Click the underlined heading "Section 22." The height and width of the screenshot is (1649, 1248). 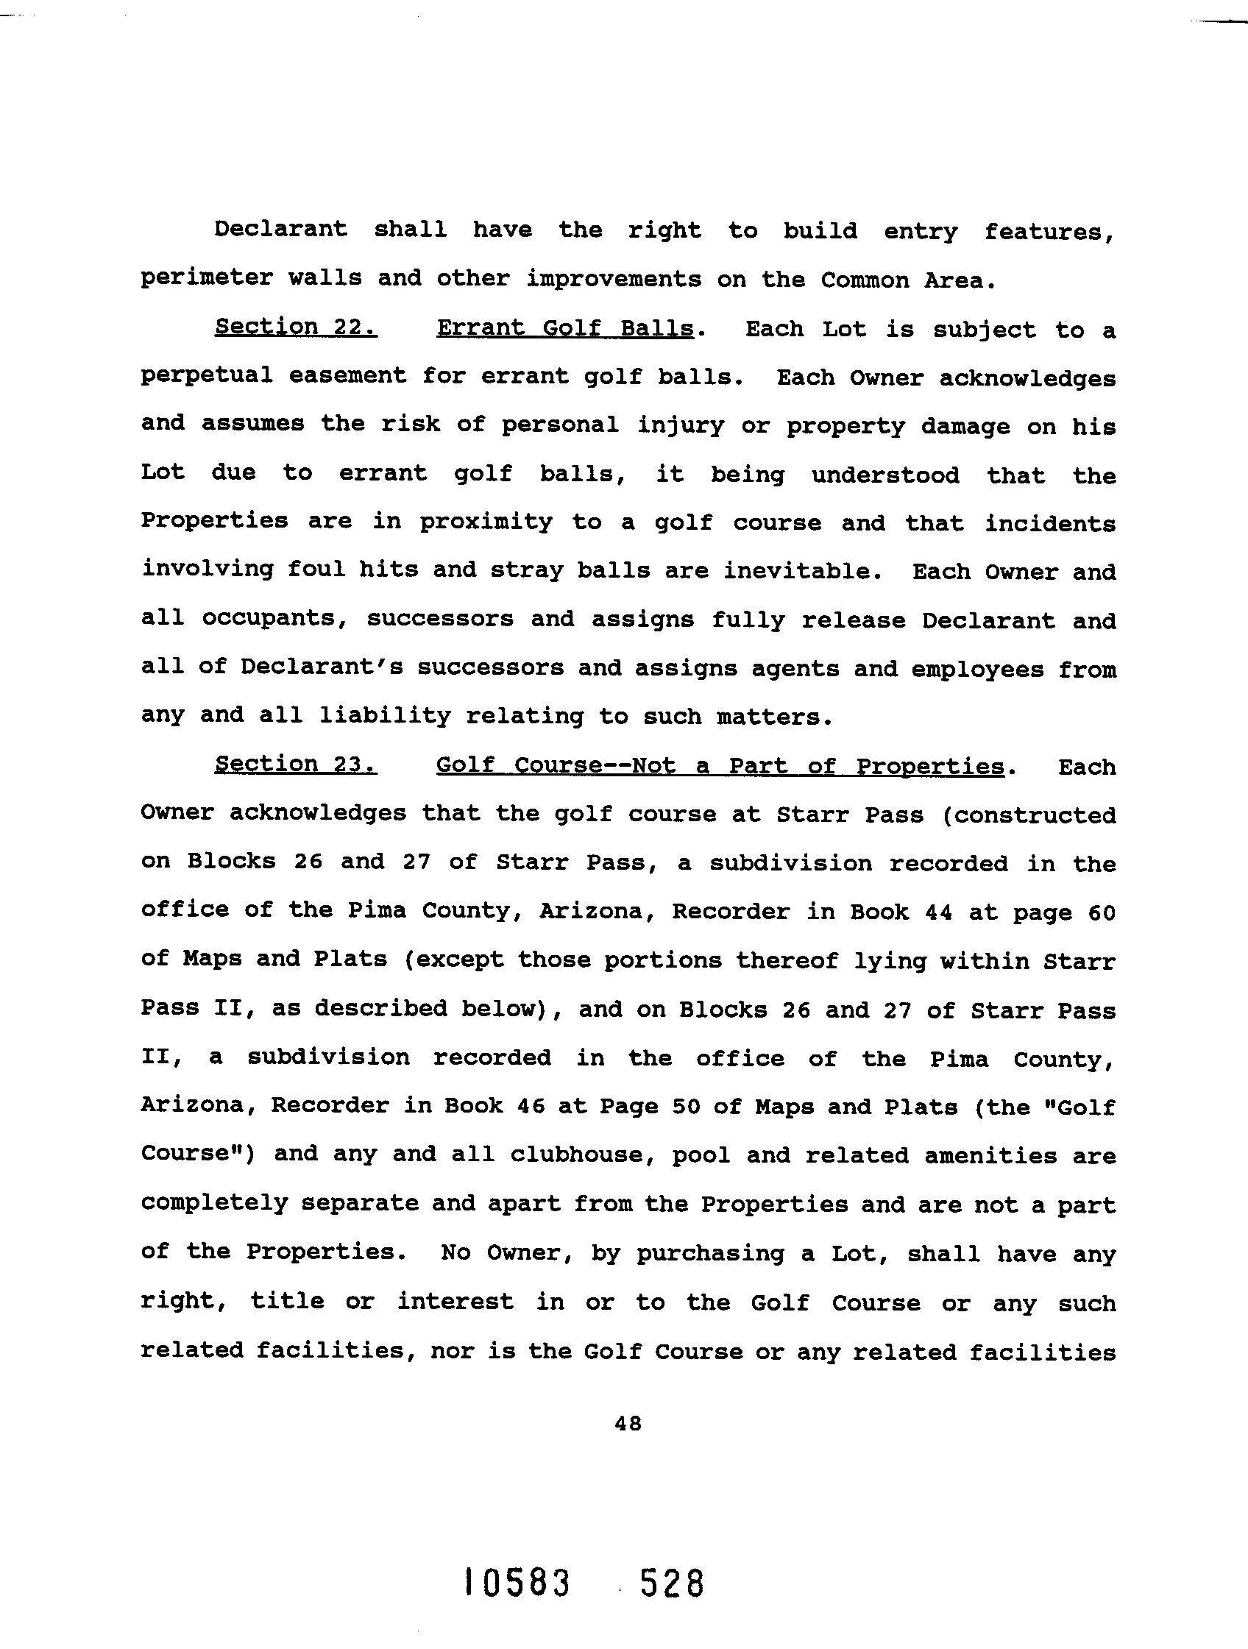point(295,327)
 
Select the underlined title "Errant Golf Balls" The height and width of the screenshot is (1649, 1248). point(564,329)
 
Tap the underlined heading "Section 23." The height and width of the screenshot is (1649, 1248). point(295,764)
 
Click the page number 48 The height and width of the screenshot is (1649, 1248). point(628,1423)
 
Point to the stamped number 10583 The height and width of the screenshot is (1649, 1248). point(516,1583)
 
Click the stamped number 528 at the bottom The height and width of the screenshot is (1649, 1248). point(671,1583)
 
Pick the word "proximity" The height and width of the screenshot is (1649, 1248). point(486,522)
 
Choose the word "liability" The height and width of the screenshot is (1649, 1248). point(385,716)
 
